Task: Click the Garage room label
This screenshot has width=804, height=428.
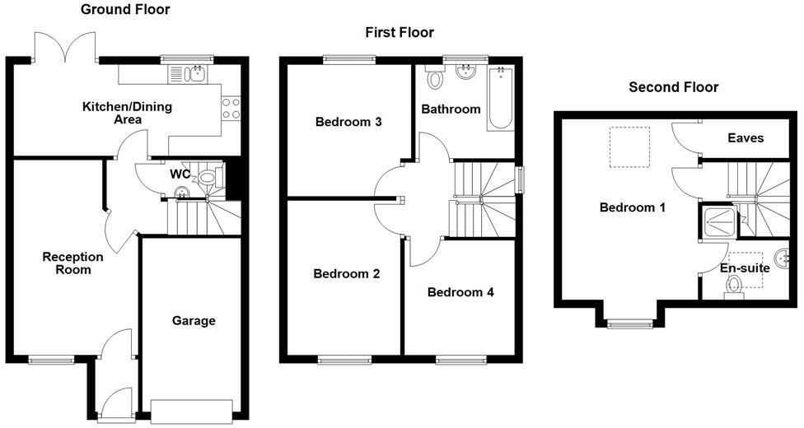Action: [x=194, y=320]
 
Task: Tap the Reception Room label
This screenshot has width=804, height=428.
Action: [x=73, y=263]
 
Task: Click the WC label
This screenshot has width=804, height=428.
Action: [x=180, y=174]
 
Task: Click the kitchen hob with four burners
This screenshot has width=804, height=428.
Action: [x=231, y=108]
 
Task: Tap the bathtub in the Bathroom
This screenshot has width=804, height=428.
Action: [x=501, y=100]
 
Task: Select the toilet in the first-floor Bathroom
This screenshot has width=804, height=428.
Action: [x=434, y=79]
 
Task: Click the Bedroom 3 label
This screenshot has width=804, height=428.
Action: [x=348, y=122]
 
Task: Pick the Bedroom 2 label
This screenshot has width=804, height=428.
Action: [x=346, y=274]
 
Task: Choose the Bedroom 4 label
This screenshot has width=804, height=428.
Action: [x=460, y=291]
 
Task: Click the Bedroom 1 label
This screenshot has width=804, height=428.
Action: [x=632, y=207]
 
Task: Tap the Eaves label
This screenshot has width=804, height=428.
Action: [x=746, y=138]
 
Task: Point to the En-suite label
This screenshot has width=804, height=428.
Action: [x=745, y=268]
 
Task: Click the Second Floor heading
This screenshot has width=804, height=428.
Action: [x=673, y=86]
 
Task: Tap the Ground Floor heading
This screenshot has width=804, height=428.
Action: [x=125, y=10]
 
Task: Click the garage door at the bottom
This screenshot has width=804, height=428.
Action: [x=192, y=410]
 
